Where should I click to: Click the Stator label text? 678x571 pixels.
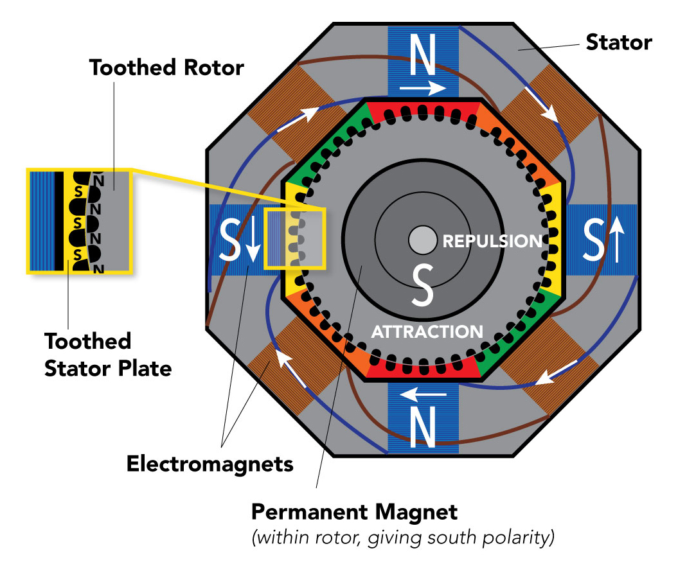tap(618, 43)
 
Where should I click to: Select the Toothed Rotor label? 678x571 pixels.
tap(166, 67)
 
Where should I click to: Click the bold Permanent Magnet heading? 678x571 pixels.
tap(354, 513)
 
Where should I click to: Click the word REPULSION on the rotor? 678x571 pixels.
tap(492, 242)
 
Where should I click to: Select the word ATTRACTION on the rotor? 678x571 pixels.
tap(427, 331)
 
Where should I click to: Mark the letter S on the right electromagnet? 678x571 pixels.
tap(594, 240)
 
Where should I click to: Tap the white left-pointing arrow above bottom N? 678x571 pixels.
tap(422, 391)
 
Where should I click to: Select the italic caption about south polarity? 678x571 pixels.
tap(402, 538)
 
